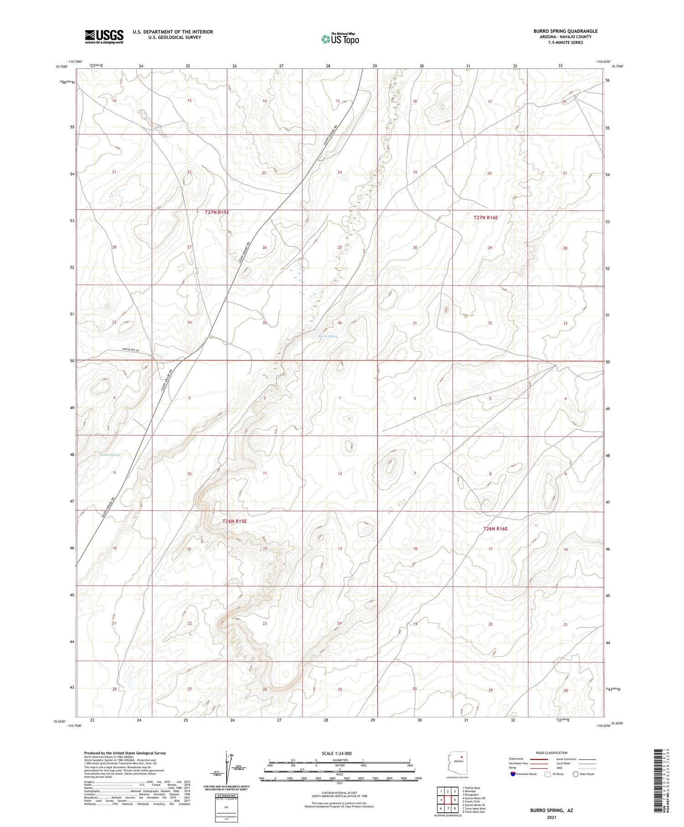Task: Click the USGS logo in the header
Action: (104, 36)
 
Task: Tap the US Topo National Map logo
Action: (340, 39)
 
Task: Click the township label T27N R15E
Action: (217, 212)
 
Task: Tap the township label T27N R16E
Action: (486, 218)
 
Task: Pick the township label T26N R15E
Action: (234, 521)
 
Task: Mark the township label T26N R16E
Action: (495, 529)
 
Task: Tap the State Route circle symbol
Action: (575, 774)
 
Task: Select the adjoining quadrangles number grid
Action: (448, 800)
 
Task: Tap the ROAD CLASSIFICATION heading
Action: (551, 753)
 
